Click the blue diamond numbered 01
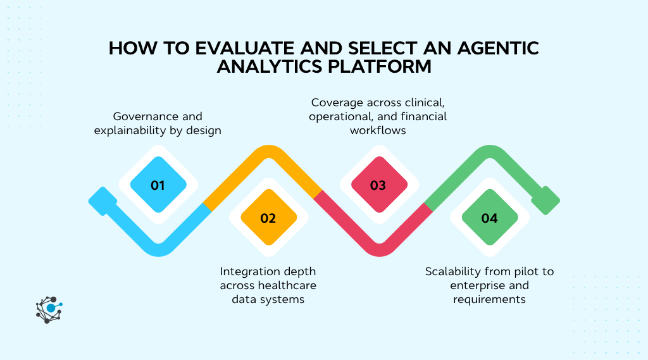click(x=158, y=185)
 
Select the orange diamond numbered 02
click(x=268, y=218)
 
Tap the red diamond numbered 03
click(x=378, y=185)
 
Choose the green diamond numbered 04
click(x=489, y=218)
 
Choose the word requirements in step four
click(x=489, y=299)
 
